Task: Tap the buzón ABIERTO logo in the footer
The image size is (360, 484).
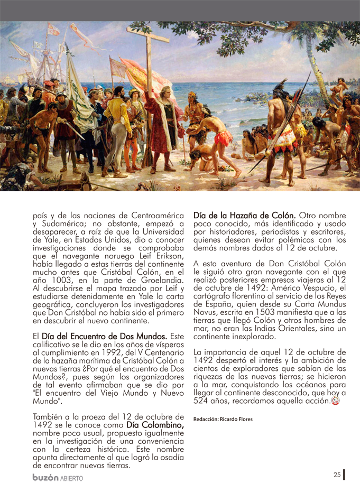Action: tap(58, 477)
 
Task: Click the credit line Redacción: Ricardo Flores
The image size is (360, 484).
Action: tap(223, 419)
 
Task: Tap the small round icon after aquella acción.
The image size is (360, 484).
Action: tap(335, 401)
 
